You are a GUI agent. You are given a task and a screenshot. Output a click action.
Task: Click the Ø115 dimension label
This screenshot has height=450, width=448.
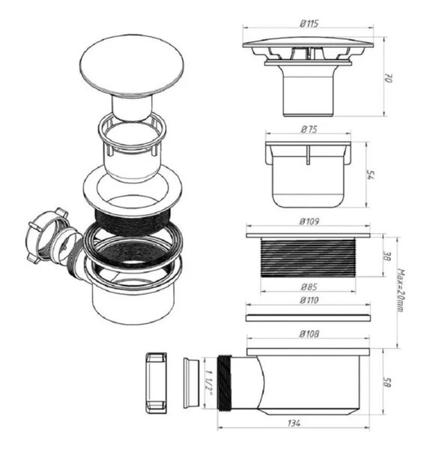click(x=309, y=23)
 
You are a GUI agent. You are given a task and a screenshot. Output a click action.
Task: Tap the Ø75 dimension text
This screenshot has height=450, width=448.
click(x=309, y=130)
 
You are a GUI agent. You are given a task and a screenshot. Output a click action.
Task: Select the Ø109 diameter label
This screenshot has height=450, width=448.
click(x=309, y=221)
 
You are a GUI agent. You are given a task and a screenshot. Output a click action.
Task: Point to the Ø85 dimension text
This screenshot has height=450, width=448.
click(x=309, y=286)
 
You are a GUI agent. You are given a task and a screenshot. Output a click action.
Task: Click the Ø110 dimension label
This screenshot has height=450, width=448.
click(x=309, y=300)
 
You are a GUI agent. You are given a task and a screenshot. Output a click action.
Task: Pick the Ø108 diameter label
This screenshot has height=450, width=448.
click(x=309, y=334)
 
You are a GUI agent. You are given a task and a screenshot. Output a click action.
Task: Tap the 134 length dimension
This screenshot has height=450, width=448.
click(x=294, y=423)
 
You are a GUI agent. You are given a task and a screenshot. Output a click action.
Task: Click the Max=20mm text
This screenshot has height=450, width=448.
click(x=401, y=290)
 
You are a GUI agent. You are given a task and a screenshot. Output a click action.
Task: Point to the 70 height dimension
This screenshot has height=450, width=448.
click(x=388, y=78)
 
